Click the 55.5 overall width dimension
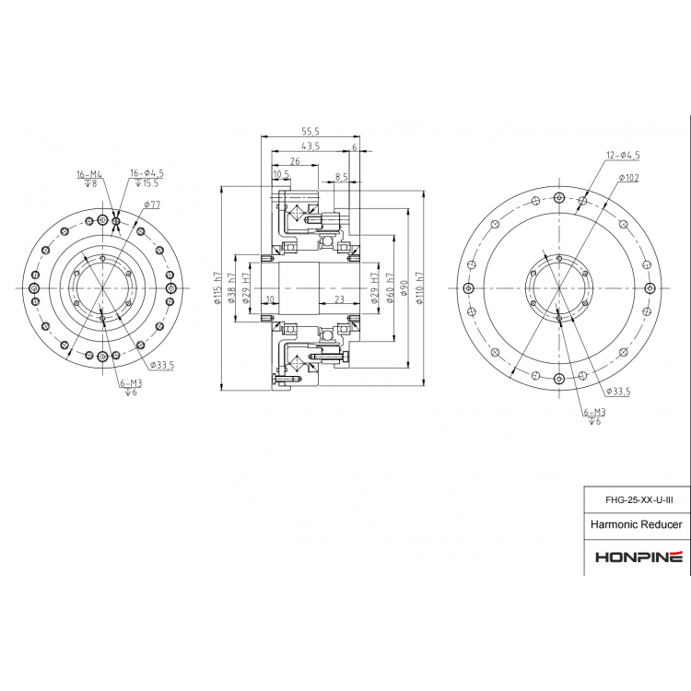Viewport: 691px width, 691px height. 310,133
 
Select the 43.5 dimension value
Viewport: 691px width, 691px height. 310,146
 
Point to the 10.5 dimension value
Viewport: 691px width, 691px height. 281,174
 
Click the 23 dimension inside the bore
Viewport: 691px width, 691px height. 339,299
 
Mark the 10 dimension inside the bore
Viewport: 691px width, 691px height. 269,299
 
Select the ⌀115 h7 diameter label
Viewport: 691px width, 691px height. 217,288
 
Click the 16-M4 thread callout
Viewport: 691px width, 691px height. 89,173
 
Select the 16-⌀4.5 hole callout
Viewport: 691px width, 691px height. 146,173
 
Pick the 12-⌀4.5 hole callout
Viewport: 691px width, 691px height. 623,155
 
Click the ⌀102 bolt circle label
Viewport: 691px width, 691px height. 629,177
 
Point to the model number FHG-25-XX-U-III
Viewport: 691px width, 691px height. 638,500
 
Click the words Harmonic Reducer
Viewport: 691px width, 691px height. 637,525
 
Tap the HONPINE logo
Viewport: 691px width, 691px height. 638,557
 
